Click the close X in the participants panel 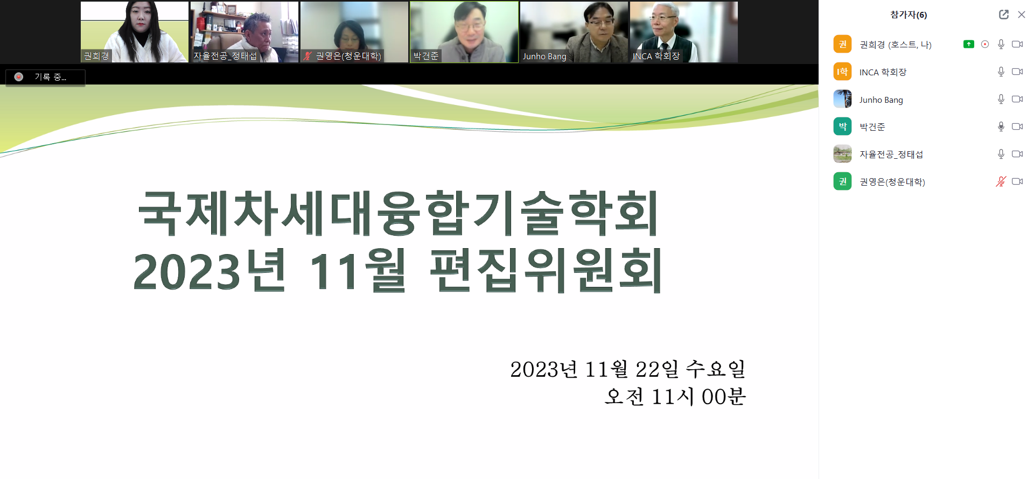pyautogui.click(x=1021, y=15)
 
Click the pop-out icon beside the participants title pyautogui.click(x=1004, y=15)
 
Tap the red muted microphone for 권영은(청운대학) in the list pyautogui.click(x=1001, y=181)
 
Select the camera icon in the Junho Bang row pyautogui.click(x=1017, y=99)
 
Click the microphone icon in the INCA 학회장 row pyautogui.click(x=1001, y=72)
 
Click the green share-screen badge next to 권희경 pyautogui.click(x=969, y=44)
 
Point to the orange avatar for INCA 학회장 pyautogui.click(x=842, y=72)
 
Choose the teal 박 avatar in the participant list pyautogui.click(x=842, y=126)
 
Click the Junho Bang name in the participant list pyautogui.click(x=881, y=100)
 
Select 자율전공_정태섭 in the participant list pyautogui.click(x=891, y=154)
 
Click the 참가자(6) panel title pyautogui.click(x=909, y=15)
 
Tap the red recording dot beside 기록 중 pyautogui.click(x=19, y=77)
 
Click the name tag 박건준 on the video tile pyautogui.click(x=426, y=56)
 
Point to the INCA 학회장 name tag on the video pyautogui.click(x=656, y=56)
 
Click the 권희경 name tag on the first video pyautogui.click(x=96, y=56)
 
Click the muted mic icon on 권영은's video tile pyautogui.click(x=308, y=56)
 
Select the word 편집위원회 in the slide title pyautogui.click(x=546, y=270)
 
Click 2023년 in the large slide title pyautogui.click(x=209, y=270)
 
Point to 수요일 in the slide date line pyautogui.click(x=715, y=369)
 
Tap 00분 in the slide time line pyautogui.click(x=723, y=397)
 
